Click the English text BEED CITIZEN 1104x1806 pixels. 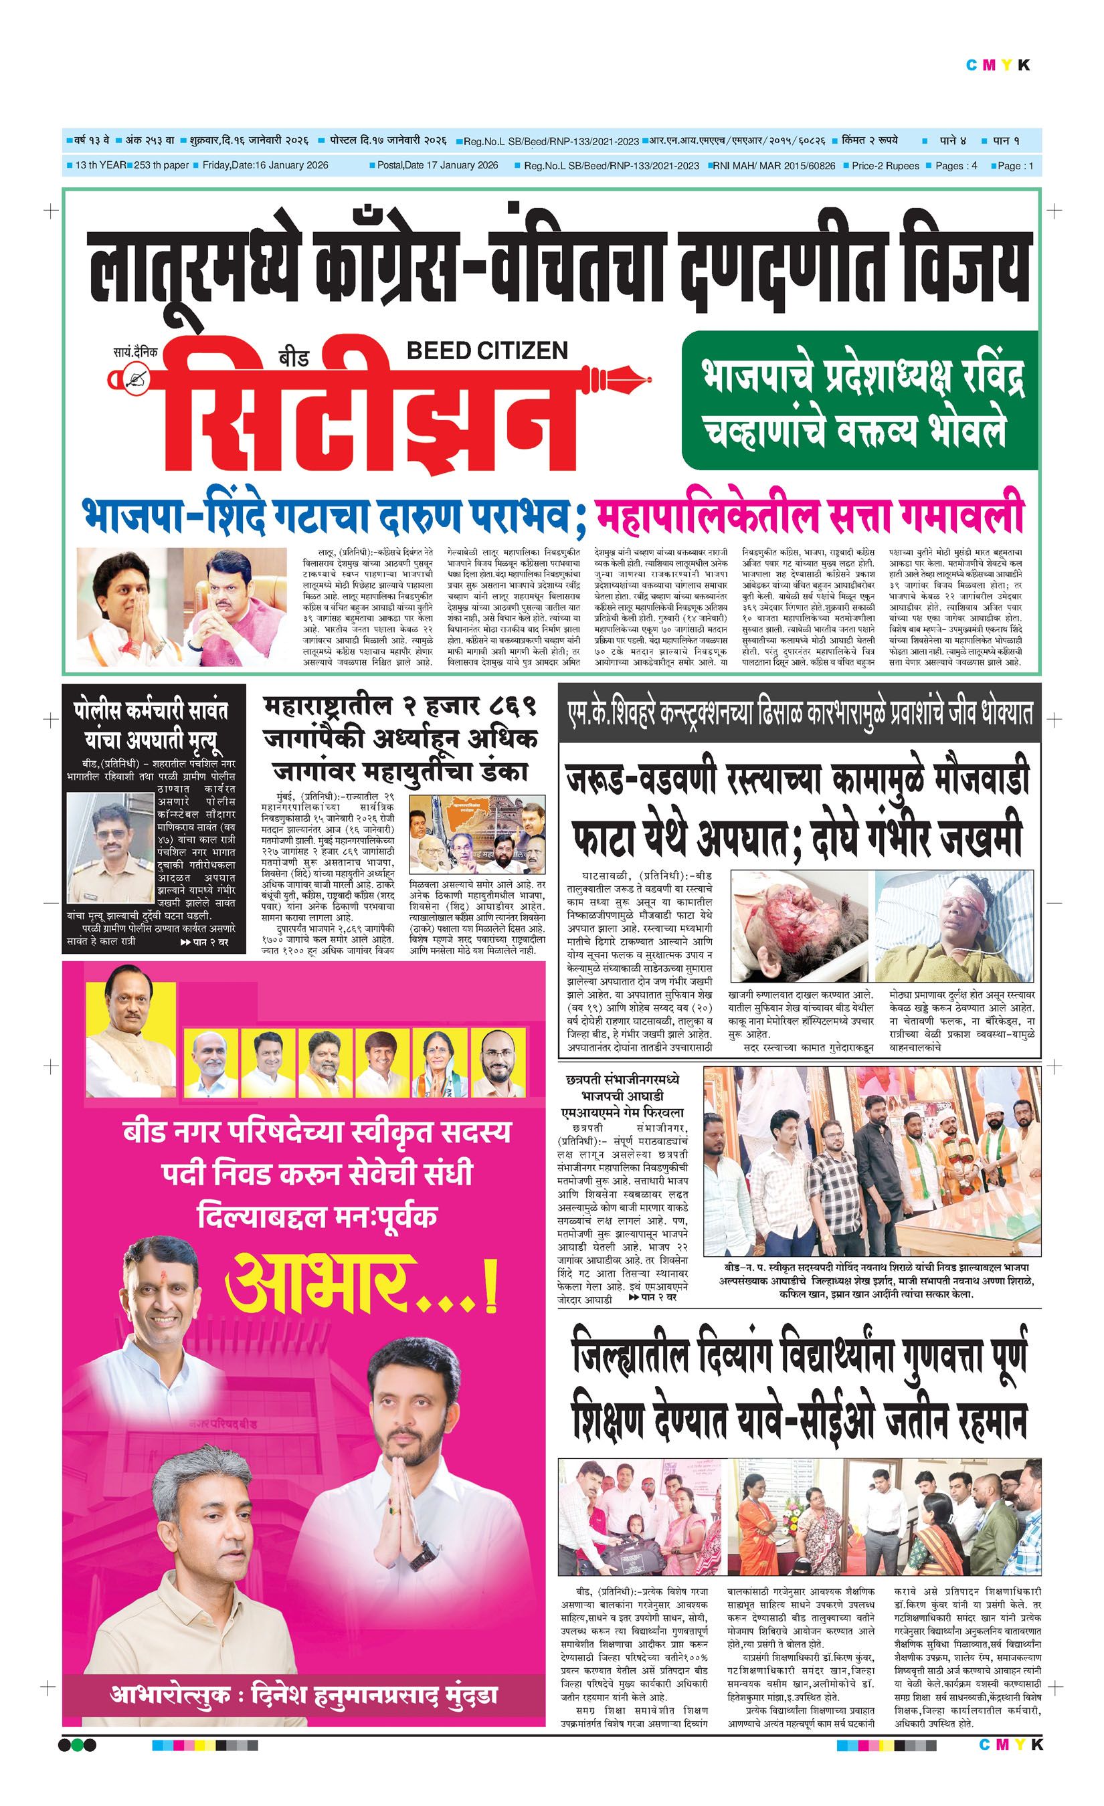tap(486, 350)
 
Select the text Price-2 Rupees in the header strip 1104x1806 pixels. tap(885, 166)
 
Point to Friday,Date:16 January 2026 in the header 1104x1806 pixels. tap(266, 166)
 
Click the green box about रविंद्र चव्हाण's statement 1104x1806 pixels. tap(859, 399)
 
